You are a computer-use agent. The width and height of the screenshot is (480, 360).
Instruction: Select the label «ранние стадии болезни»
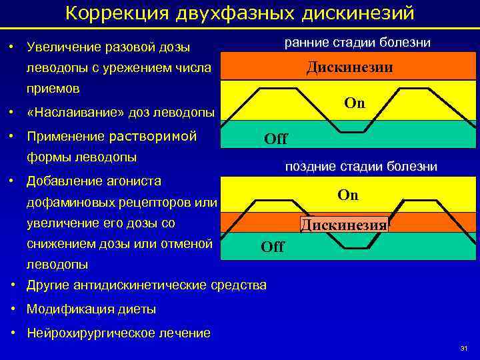tap(357, 43)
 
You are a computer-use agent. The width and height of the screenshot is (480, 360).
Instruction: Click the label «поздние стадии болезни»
tap(361, 167)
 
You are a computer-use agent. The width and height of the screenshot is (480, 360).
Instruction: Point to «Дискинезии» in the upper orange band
tap(349, 68)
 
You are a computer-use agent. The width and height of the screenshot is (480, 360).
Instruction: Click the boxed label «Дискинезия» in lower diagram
tap(344, 225)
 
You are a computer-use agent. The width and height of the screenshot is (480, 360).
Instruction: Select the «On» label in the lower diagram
tap(348, 195)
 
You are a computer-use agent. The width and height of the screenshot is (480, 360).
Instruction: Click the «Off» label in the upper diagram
tap(275, 139)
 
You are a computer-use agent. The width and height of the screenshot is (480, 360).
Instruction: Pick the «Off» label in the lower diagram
tap(272, 247)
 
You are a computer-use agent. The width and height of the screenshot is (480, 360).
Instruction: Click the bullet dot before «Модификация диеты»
tap(14, 309)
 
